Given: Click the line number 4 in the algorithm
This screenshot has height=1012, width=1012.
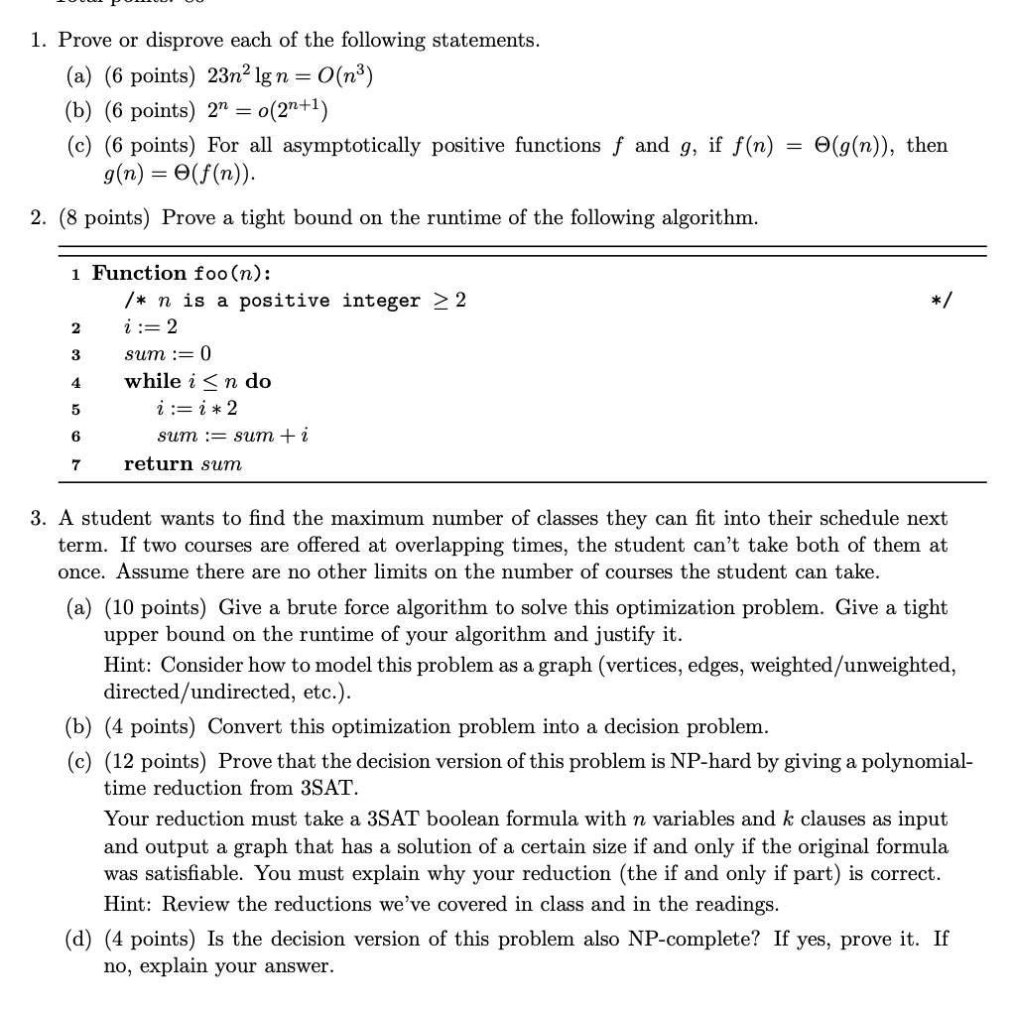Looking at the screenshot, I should tap(75, 382).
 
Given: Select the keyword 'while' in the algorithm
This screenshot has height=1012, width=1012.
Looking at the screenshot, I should tap(152, 381).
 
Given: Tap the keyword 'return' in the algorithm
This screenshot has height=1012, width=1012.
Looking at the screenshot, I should tap(159, 463).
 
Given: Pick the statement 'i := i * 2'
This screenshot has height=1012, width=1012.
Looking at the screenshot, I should tap(197, 408).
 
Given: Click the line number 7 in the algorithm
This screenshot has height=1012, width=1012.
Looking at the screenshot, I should tap(75, 464).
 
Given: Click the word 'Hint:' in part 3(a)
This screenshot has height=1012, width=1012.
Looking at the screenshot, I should tap(129, 664).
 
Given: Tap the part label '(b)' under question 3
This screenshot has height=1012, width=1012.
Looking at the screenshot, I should tap(78, 726).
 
